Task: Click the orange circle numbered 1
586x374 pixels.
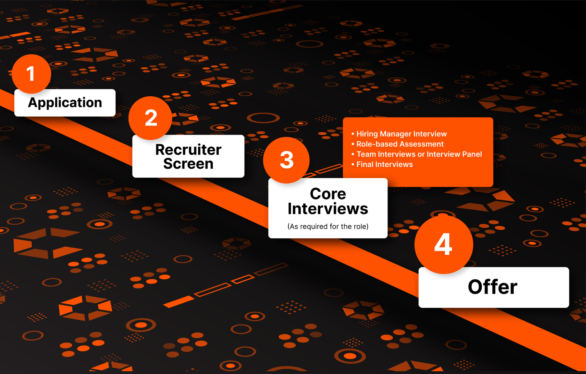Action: click(31, 74)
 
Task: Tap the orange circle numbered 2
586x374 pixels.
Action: click(150, 118)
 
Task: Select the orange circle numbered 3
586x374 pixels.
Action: click(286, 160)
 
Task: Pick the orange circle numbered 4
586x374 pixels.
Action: click(444, 245)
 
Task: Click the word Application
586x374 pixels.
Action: click(65, 102)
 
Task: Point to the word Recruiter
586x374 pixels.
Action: click(188, 150)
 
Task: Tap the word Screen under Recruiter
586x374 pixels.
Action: click(188, 164)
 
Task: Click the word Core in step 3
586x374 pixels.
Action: click(328, 194)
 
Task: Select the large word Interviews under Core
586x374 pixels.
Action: click(328, 209)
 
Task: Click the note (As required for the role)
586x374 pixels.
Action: click(328, 226)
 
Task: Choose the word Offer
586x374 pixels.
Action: click(493, 287)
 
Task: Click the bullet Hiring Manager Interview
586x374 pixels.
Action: click(399, 134)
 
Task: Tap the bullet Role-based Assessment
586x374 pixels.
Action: click(398, 144)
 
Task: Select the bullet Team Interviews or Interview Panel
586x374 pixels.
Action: click(417, 154)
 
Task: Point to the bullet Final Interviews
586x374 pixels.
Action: click(382, 164)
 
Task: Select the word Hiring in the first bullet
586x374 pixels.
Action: click(367, 134)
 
